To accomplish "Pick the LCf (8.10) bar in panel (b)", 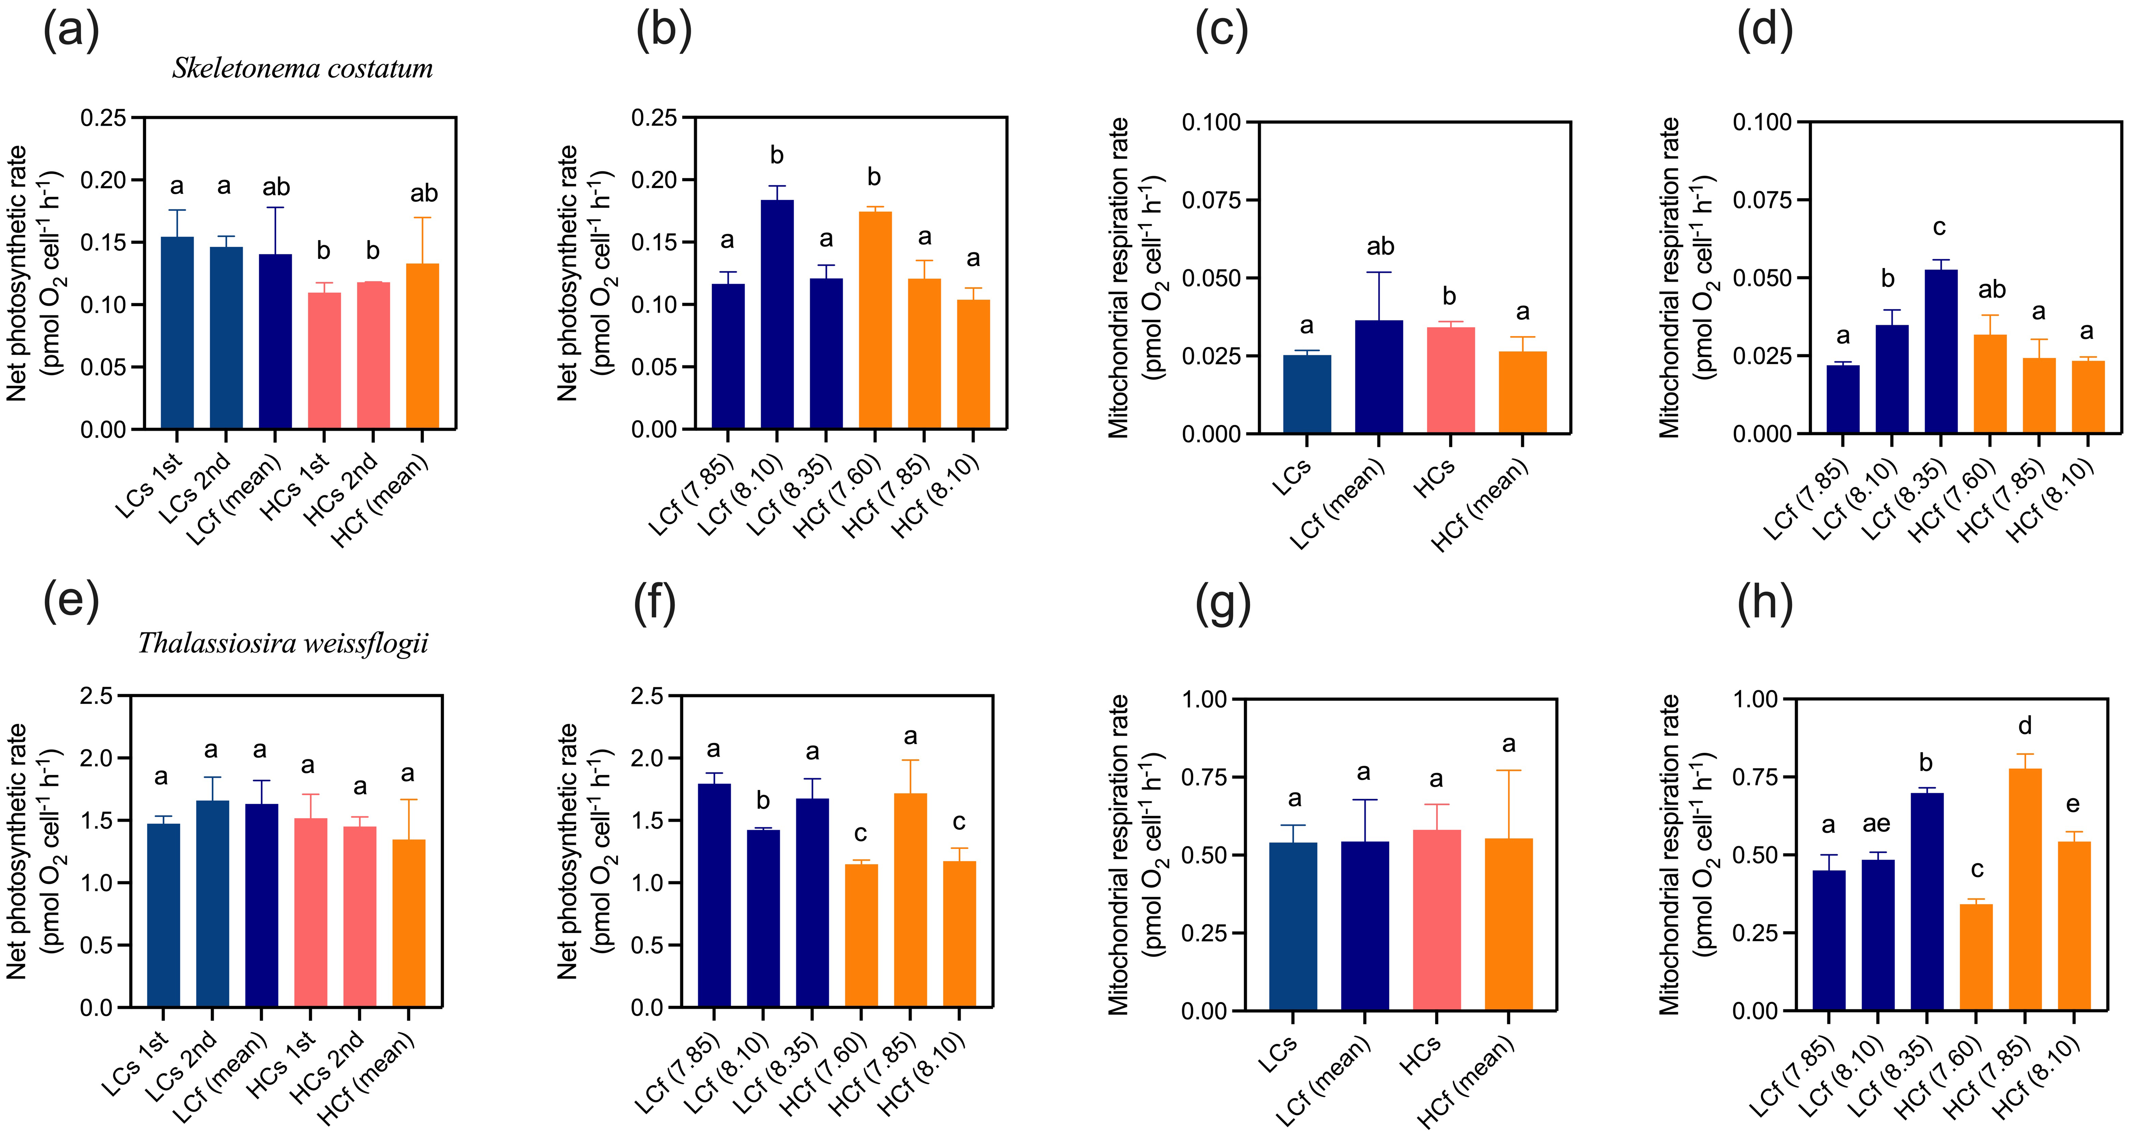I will click(777, 315).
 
